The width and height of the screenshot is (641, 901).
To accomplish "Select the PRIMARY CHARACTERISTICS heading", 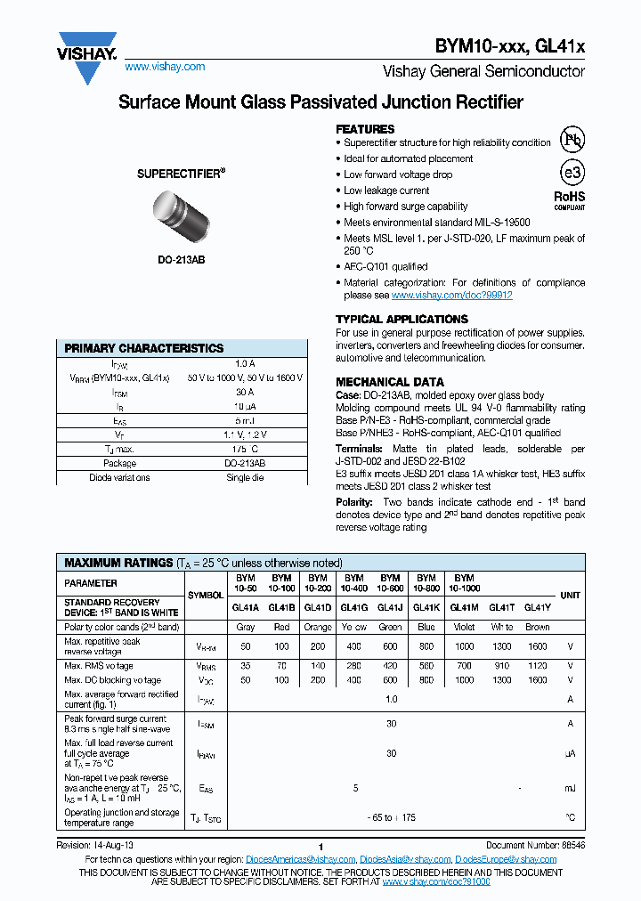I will coord(144,348).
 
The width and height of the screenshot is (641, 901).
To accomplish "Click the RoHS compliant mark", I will coord(570,199).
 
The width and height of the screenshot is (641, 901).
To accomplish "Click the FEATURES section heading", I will coord(365,129).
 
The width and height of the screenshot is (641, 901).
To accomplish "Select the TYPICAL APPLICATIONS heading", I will coord(402,319).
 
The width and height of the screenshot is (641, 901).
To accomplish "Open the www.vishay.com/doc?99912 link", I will coord(451,295).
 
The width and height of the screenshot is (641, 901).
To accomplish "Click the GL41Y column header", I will coord(537,607).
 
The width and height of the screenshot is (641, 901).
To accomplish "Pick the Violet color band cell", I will coord(463,627).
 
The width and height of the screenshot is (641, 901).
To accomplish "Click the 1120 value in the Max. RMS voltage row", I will coord(537,665).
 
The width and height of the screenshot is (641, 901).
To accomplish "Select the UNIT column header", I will coord(569,595).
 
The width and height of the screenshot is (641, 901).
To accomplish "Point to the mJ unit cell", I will coord(570,788).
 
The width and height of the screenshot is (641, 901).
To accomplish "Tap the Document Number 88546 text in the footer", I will coord(535,845).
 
